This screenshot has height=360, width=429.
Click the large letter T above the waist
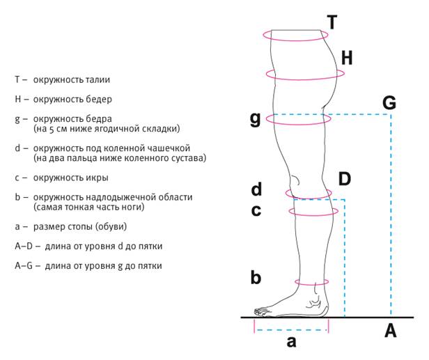pyautogui.click(x=332, y=22)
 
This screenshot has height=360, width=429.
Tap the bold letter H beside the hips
pyautogui.click(x=347, y=58)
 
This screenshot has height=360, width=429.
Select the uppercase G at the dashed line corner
pyautogui.click(x=389, y=103)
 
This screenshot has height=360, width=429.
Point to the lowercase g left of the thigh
pyautogui.click(x=256, y=120)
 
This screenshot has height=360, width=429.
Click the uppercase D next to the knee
pyautogui.click(x=345, y=179)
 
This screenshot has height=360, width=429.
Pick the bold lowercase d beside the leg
pyautogui.click(x=256, y=189)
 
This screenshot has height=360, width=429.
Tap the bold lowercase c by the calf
pyautogui.click(x=256, y=210)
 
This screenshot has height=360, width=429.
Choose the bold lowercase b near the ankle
pyautogui.click(x=256, y=277)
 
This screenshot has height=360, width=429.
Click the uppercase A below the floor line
pyautogui.click(x=391, y=331)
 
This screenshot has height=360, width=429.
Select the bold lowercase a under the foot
pyautogui.click(x=291, y=342)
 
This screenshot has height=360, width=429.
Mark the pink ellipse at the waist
pyautogui.click(x=295, y=40)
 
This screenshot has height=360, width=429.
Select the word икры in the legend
pyautogui.click(x=97, y=178)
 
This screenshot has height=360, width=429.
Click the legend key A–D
pyautogui.click(x=24, y=246)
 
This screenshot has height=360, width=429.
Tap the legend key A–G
pyautogui.click(x=24, y=266)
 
